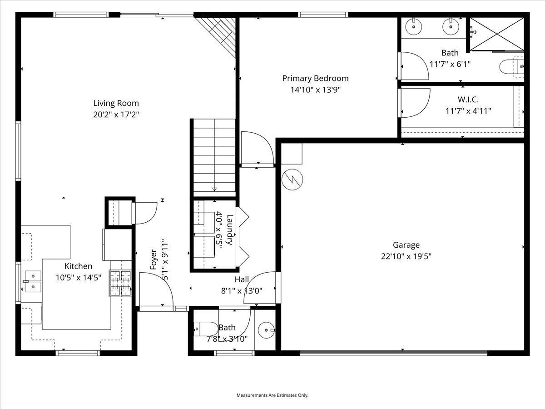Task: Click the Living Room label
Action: [116, 103]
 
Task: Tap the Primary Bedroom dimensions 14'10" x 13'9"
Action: [315, 90]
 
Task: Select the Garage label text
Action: [406, 245]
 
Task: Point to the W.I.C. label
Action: [468, 100]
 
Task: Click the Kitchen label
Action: [78, 266]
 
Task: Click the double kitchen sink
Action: [32, 281]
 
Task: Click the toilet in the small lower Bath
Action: [205, 328]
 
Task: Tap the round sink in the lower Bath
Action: [266, 330]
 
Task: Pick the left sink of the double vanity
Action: [414, 27]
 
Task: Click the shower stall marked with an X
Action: [495, 34]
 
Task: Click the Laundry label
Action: [230, 229]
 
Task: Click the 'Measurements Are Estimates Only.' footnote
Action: [272, 395]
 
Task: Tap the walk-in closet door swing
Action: [415, 102]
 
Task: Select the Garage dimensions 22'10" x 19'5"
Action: [406, 256]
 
